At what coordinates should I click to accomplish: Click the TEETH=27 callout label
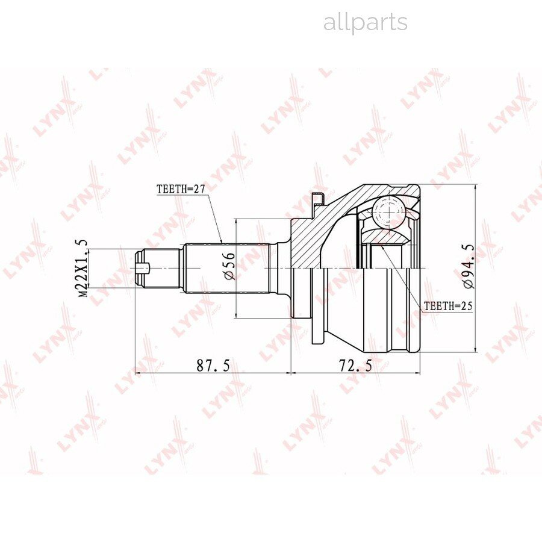(181, 189)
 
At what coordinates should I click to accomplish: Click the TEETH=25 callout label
(448, 305)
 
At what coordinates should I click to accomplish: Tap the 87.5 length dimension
(213, 366)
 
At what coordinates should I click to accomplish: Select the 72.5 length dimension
(356, 366)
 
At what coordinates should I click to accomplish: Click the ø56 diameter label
(229, 266)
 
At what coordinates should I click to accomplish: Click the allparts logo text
(366, 22)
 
